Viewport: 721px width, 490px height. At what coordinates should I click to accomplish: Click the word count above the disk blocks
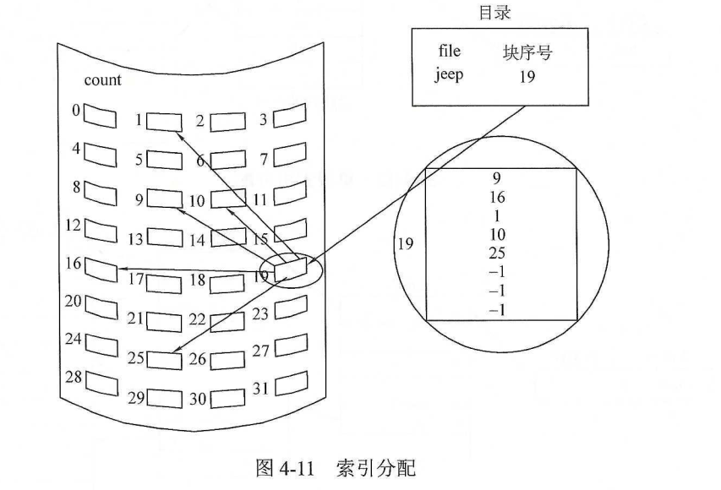(x=102, y=81)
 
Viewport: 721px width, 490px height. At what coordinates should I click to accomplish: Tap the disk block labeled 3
(x=288, y=115)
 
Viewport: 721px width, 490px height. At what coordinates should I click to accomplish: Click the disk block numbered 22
(x=227, y=320)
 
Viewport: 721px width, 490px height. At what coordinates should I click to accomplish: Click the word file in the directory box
(x=449, y=52)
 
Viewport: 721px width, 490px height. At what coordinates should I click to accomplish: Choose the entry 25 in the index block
(x=497, y=253)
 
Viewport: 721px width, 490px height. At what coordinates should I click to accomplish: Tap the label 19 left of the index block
(x=406, y=244)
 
